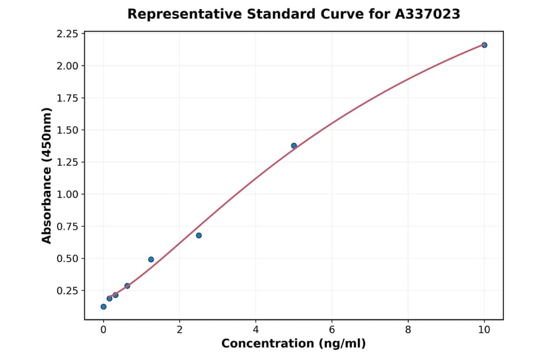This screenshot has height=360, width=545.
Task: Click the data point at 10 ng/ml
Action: (x=484, y=45)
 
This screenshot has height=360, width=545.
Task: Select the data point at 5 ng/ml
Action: (x=294, y=145)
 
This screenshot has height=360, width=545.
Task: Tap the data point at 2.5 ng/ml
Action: (x=199, y=235)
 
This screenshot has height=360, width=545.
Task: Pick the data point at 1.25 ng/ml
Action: (x=151, y=259)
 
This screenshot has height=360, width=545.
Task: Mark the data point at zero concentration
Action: (x=104, y=307)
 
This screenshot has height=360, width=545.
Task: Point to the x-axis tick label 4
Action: (x=256, y=330)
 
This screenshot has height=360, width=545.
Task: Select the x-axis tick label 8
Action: (x=408, y=330)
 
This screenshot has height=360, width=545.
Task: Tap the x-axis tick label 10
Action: (x=484, y=330)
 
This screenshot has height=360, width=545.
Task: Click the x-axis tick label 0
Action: (x=104, y=330)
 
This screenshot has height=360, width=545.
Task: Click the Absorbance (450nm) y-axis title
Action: (x=47, y=176)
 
